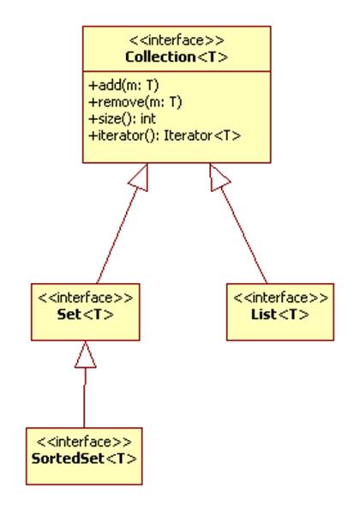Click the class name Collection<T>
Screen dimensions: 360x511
click(177, 57)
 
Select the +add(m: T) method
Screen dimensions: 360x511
click(123, 86)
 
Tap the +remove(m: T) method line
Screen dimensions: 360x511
click(135, 102)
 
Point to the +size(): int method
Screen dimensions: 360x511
click(123, 118)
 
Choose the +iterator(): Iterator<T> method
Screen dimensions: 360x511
click(165, 135)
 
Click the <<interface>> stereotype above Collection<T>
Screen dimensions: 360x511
click(177, 40)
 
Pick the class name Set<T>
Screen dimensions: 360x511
click(86, 315)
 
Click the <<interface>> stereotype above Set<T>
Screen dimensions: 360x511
click(86, 298)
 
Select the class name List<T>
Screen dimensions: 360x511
click(279, 315)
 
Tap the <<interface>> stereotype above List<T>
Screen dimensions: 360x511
click(281, 298)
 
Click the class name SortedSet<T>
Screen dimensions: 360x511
click(84, 459)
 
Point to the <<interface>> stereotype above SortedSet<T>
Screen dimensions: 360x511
click(84, 442)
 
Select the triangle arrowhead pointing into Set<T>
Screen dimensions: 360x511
click(86, 355)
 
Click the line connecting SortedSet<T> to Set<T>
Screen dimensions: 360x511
click(84, 398)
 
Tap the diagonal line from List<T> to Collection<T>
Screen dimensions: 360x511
click(243, 236)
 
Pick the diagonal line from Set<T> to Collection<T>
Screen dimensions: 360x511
click(117, 236)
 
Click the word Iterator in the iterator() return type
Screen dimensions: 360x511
click(188, 135)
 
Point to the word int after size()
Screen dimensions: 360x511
click(148, 118)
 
